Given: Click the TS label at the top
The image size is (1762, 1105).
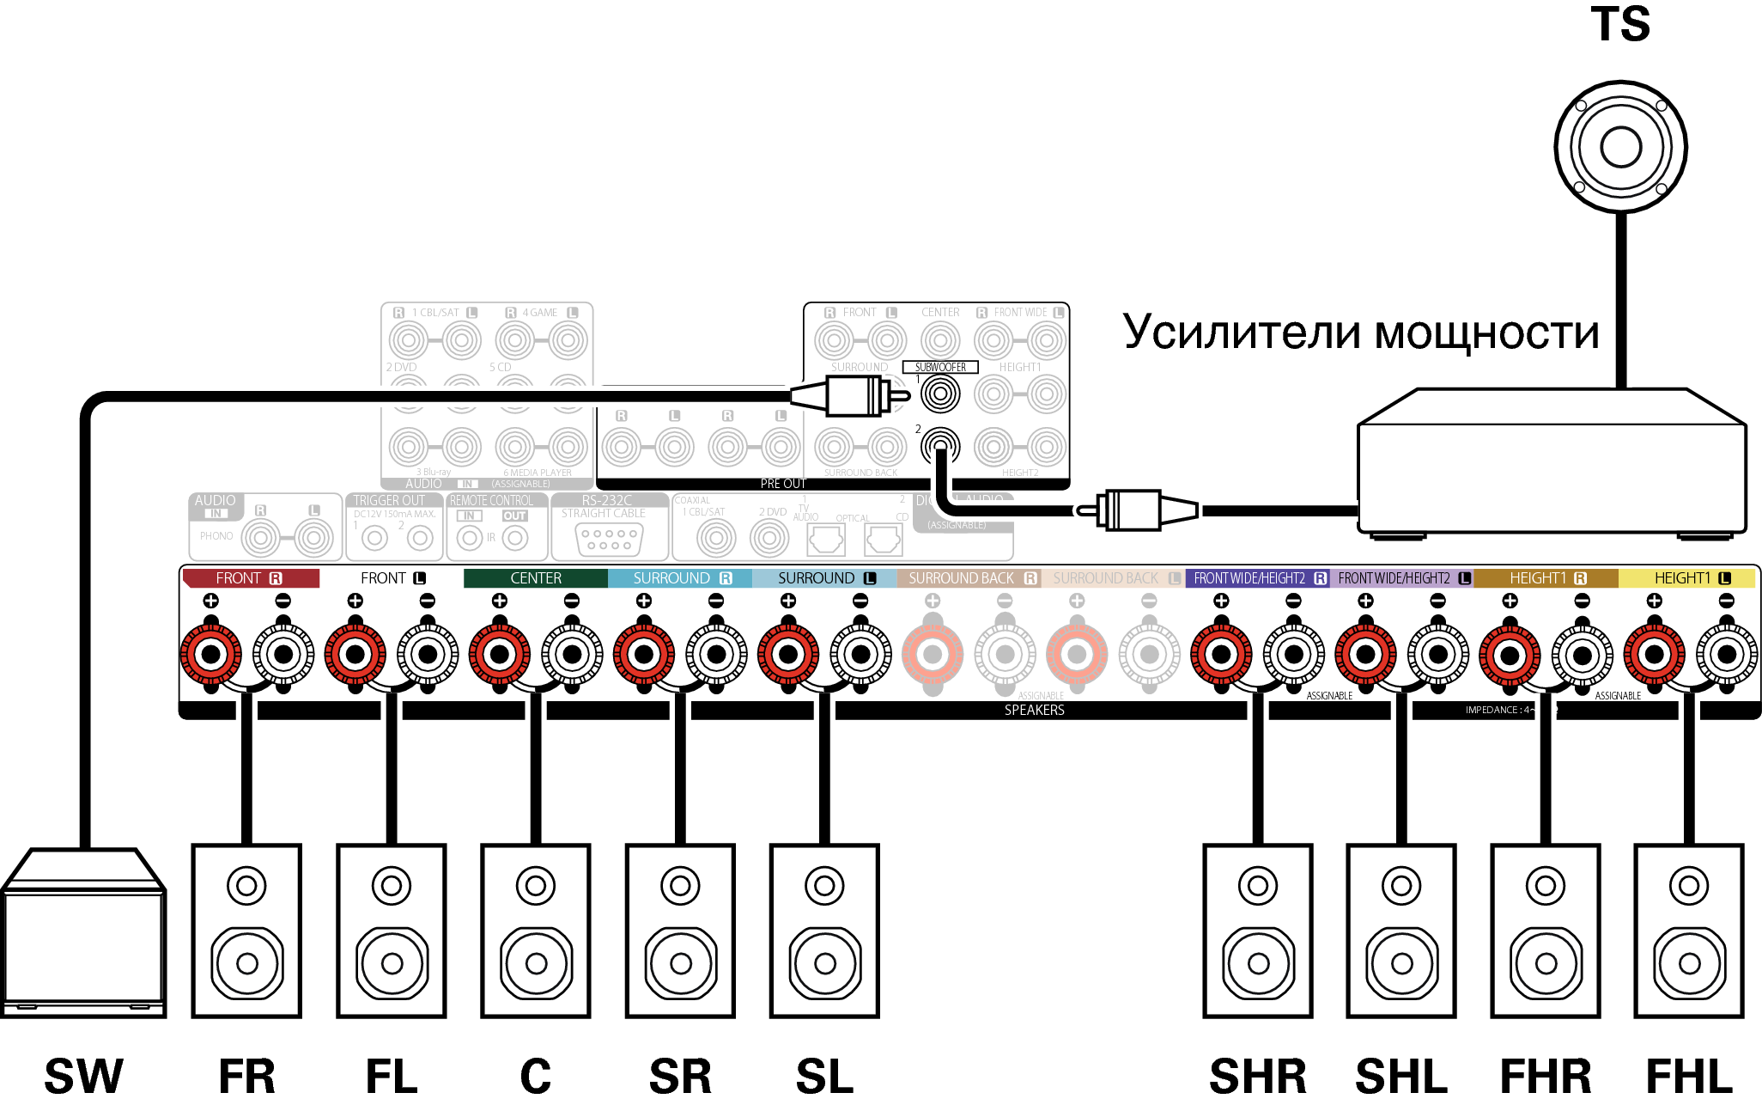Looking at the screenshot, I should point(1620,24).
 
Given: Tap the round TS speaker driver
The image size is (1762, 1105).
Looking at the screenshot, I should point(1620,147).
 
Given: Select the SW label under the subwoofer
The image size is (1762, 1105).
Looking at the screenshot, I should point(83,1076).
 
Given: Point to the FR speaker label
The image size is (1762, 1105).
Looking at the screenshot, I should point(246,1076).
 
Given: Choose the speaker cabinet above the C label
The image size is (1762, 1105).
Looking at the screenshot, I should point(536,931).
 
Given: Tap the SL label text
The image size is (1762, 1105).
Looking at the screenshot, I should point(824,1076).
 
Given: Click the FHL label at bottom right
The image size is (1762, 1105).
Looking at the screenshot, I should point(1688,1076).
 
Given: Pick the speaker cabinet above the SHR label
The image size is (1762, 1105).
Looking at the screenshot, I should point(1258,931).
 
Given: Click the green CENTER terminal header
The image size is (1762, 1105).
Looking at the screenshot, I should point(536,578).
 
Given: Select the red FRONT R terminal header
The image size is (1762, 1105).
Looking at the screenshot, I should point(250,578).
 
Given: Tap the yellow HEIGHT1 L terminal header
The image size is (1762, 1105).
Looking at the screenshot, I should point(1688,578).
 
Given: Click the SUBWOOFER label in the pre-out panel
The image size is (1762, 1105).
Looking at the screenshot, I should point(940,367).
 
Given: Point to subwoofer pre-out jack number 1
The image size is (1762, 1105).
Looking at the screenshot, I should point(940,394).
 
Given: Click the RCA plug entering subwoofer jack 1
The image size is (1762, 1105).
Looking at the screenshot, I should point(850,397).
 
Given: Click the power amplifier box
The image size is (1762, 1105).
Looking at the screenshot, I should point(1552,468).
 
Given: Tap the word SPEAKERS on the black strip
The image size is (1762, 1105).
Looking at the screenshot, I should point(1034,710).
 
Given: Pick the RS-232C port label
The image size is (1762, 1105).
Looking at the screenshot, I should point(606,500).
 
